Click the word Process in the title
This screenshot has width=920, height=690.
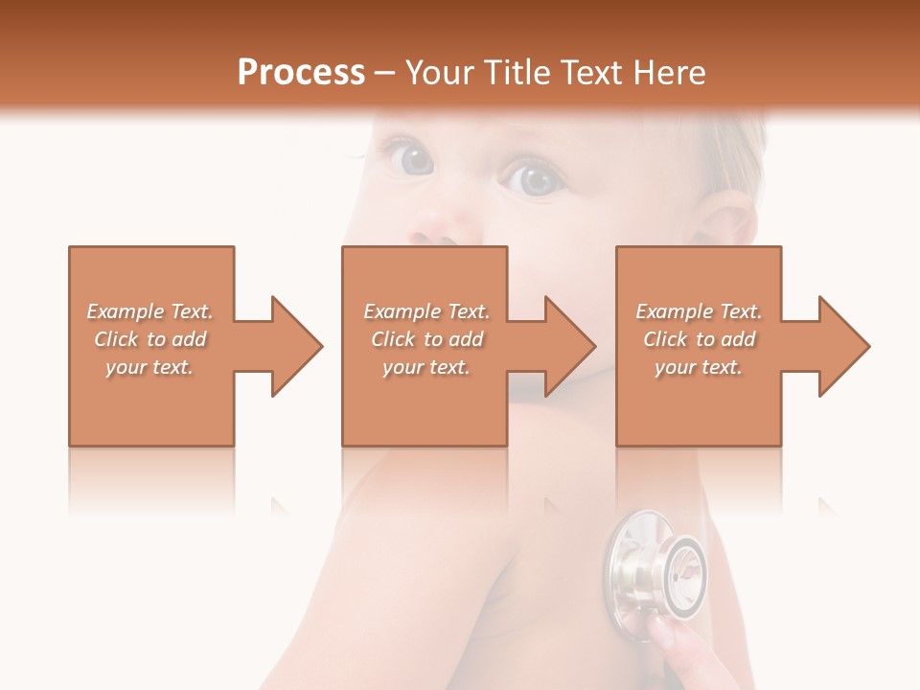pyautogui.click(x=301, y=73)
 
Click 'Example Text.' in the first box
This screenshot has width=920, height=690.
pyautogui.click(x=149, y=311)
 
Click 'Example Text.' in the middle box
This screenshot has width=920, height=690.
pyautogui.click(x=426, y=311)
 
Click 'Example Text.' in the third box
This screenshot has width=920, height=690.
pyautogui.click(x=699, y=311)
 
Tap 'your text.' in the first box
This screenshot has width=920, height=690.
pyautogui.click(x=149, y=367)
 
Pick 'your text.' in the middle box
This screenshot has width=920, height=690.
pyautogui.click(x=426, y=367)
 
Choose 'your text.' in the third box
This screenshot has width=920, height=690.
pyautogui.click(x=699, y=367)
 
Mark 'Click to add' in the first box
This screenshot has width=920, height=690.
pyautogui.click(x=149, y=339)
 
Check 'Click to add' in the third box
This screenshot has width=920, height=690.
pyautogui.click(x=699, y=339)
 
